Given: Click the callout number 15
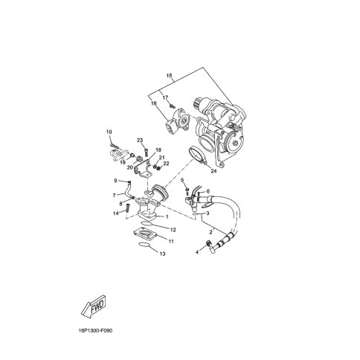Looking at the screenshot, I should pyautogui.click(x=170, y=77).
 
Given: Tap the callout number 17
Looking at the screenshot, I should pyautogui.click(x=165, y=98).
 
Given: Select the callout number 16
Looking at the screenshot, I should pyautogui.click(x=155, y=105).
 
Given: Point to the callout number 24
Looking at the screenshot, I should pyautogui.click(x=213, y=171).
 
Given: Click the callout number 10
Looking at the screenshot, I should pyautogui.click(x=109, y=132).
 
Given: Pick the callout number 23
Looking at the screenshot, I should pyautogui.click(x=139, y=141).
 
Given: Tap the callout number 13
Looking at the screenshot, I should pyautogui.click(x=162, y=254).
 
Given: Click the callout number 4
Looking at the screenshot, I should pyautogui.click(x=197, y=252).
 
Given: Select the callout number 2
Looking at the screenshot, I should pyautogui.click(x=210, y=232).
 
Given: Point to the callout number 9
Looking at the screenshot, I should pyautogui.click(x=116, y=181).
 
